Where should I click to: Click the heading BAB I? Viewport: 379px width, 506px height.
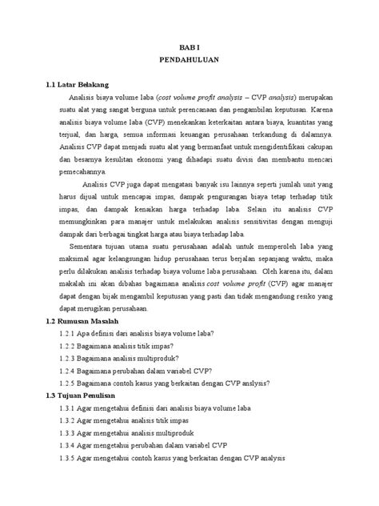pos(189,47)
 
